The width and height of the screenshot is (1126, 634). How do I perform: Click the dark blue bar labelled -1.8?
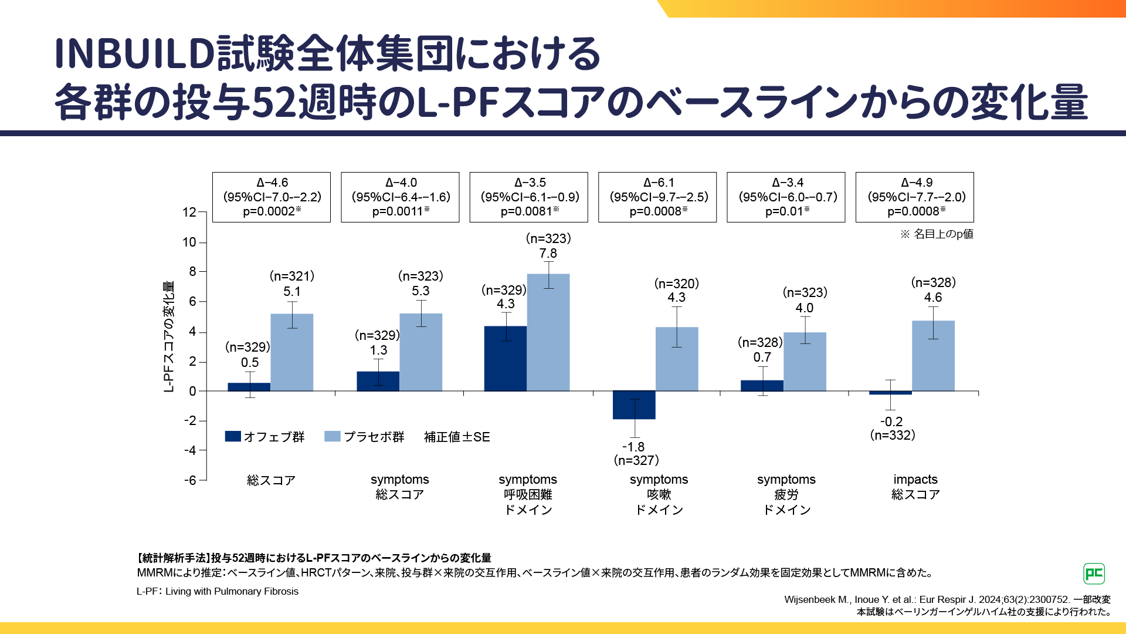634,405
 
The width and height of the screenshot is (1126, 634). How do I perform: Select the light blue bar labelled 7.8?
548,332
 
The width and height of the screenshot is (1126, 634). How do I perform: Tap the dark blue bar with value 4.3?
506,359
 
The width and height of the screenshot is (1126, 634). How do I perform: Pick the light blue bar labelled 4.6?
933,356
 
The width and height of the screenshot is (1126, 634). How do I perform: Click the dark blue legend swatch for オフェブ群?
233,436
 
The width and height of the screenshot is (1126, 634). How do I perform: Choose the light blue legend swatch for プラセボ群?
333,436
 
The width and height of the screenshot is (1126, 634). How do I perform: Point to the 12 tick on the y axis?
189,213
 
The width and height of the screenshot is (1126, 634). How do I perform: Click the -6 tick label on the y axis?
190,480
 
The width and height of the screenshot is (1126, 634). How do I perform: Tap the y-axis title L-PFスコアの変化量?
169,336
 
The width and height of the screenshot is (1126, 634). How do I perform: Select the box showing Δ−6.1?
657,197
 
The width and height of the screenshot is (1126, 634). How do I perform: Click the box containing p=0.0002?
272,197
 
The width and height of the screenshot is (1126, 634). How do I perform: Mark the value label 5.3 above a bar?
420,291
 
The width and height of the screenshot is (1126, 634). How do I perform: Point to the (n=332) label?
893,436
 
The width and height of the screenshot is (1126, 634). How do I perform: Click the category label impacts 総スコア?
915,487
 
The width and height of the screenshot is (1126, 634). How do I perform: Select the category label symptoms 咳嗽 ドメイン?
659,494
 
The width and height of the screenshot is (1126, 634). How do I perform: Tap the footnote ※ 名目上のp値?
937,234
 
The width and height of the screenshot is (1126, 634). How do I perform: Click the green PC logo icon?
1094,574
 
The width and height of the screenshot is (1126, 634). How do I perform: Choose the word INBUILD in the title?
134,53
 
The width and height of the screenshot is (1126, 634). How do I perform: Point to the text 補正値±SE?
457,437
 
